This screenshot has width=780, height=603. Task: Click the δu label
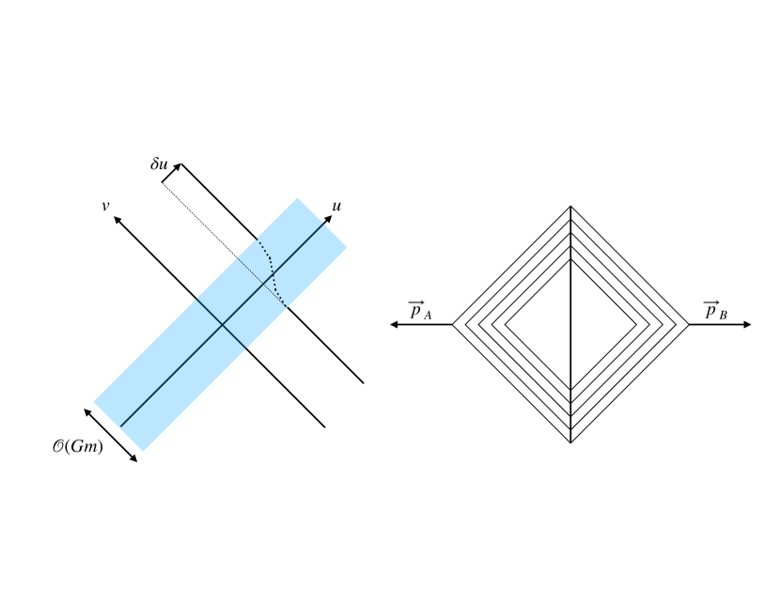pyautogui.click(x=159, y=163)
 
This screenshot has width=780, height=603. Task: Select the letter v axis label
pyautogui.click(x=105, y=206)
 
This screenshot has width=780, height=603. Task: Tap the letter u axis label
pyautogui.click(x=336, y=206)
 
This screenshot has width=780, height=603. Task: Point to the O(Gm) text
pyautogui.click(x=78, y=446)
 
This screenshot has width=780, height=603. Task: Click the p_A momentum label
pyautogui.click(x=420, y=310)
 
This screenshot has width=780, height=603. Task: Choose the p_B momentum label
pyautogui.click(x=715, y=310)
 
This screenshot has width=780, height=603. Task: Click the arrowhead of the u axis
pyautogui.click(x=328, y=219)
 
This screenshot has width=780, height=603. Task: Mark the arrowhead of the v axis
pyautogui.click(x=117, y=220)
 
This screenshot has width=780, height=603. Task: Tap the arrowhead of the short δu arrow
pyautogui.click(x=177, y=167)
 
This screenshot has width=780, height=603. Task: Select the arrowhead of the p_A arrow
pyautogui.click(x=394, y=325)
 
